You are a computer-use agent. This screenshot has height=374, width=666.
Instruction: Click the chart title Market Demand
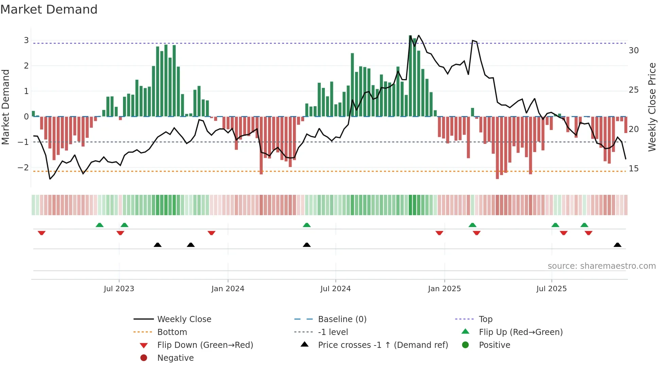tap(49, 10)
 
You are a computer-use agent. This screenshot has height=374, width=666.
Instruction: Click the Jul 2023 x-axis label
tap(119, 289)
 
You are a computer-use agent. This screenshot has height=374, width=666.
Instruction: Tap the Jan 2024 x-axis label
tap(228, 289)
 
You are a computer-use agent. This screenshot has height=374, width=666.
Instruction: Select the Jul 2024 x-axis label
tap(335, 289)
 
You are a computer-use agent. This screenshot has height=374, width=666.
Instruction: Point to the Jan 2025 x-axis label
tap(444, 289)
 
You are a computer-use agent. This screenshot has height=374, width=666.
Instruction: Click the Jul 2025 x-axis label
tap(551, 289)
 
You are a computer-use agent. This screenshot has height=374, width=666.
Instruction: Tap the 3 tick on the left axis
tap(26, 40)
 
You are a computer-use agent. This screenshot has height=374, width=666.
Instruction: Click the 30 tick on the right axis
tap(634, 51)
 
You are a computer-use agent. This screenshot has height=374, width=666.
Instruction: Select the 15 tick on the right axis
tap(634, 169)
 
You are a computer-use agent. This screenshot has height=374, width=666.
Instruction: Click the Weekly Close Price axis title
tap(652, 107)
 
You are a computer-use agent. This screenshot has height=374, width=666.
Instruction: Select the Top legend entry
tap(486, 319)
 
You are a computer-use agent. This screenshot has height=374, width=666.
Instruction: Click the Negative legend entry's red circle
tap(144, 358)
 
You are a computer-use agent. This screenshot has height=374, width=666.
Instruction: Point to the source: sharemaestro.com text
tap(601, 266)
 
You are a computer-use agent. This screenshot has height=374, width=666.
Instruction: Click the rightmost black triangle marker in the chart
tap(617, 245)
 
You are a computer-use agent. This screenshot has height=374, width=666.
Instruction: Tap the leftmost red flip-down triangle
tap(41, 233)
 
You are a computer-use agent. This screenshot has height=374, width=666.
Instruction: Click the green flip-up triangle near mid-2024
tap(306, 225)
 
